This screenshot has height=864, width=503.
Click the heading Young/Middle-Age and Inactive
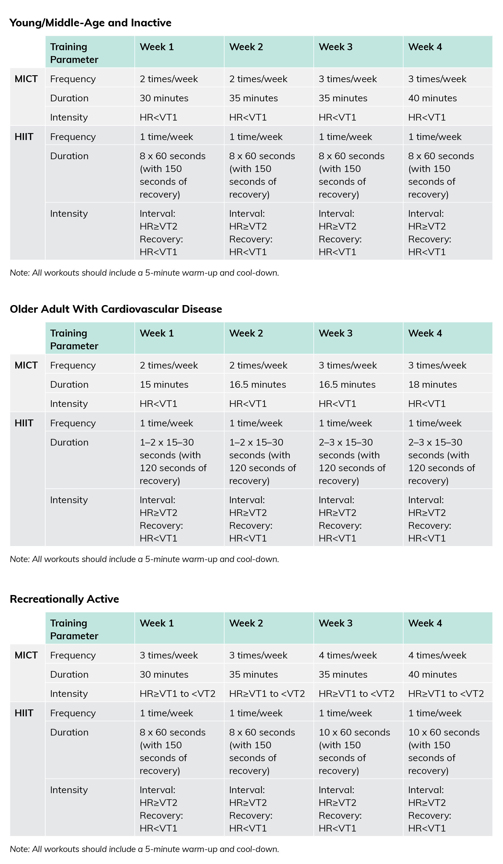(x=91, y=23)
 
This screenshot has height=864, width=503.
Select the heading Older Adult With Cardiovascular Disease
(x=116, y=309)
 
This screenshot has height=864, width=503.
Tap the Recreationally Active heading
(x=64, y=599)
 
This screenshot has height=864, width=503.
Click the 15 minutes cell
(x=164, y=384)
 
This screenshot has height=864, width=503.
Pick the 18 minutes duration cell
(x=432, y=384)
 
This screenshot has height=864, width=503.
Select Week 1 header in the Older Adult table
(x=157, y=333)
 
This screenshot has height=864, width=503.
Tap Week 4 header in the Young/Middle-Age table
(x=425, y=47)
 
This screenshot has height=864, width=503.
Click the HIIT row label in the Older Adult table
(x=24, y=423)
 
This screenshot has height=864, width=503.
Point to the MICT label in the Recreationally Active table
(x=26, y=655)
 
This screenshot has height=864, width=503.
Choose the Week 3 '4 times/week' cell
(x=348, y=655)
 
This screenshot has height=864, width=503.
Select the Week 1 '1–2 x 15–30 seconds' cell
(x=173, y=461)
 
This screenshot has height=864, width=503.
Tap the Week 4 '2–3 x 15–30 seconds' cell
(x=441, y=461)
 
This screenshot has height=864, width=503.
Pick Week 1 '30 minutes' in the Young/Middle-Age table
(x=164, y=98)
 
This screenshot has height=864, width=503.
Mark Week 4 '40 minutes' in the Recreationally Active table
(x=432, y=674)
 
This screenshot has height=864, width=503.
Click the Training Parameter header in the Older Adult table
(x=74, y=339)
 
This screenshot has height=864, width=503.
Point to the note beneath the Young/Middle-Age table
(x=144, y=273)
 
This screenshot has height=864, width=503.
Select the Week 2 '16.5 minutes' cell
(x=257, y=384)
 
